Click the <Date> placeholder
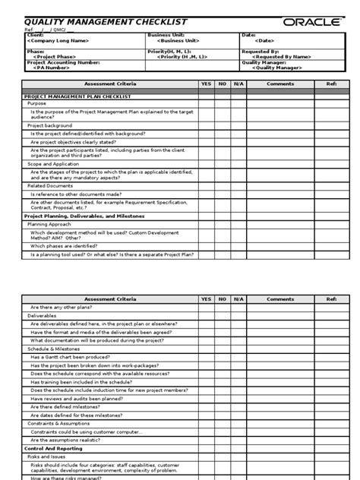264,40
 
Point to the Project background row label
50,125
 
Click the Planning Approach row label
50,225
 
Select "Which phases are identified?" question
68,246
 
